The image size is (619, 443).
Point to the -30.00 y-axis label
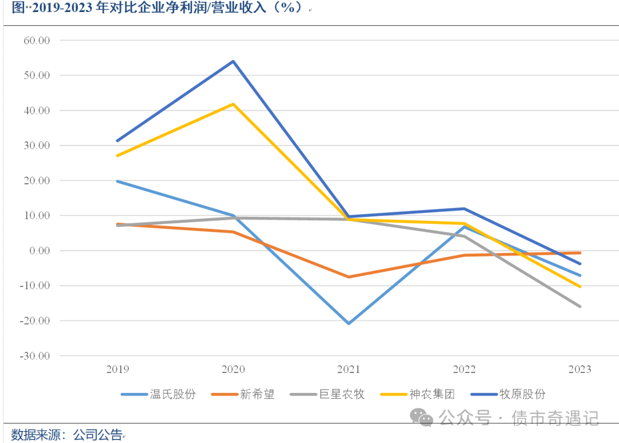[x=37, y=356]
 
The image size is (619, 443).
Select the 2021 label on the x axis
[x=348, y=370]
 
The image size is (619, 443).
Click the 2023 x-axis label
[x=579, y=370]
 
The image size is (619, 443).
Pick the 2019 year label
[x=117, y=370]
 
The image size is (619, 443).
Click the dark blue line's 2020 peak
[x=233, y=61]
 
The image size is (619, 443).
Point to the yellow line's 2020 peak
[x=233, y=104]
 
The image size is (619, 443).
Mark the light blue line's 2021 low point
[x=348, y=324]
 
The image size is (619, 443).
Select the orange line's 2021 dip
[x=348, y=277]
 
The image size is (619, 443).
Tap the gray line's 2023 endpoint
[x=579, y=306]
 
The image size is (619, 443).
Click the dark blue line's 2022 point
[x=464, y=208]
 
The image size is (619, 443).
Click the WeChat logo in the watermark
[x=424, y=418]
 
